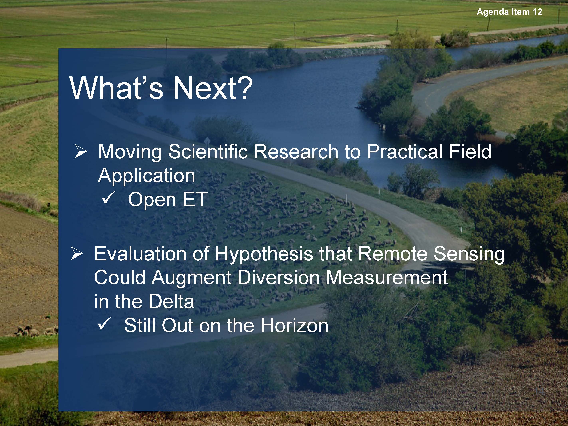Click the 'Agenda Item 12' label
tap(509, 12)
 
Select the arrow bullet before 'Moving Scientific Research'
tap(81, 151)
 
